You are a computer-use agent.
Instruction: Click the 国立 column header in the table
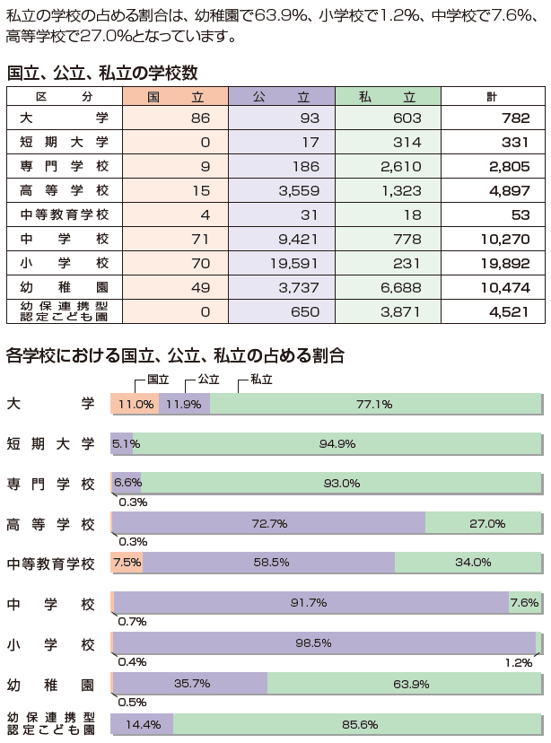(175, 95)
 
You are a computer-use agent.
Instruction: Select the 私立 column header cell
(388, 95)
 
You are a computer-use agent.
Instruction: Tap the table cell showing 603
(388, 118)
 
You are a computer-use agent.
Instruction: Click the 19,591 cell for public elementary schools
(282, 263)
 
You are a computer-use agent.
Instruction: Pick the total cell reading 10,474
(493, 287)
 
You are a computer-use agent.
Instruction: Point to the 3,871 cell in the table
(388, 311)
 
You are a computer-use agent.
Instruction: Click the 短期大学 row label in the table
(64, 143)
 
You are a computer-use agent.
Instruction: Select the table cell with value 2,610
(388, 167)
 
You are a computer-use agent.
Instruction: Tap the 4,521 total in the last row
(493, 311)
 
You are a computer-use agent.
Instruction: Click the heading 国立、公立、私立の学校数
(102, 73)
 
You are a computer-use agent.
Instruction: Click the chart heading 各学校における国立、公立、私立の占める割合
(175, 355)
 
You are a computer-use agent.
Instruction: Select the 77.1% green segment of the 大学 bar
(375, 404)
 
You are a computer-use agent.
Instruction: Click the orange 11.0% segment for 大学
(135, 404)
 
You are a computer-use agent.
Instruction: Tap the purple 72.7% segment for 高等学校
(268, 523)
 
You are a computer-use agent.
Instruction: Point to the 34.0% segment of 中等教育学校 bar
(468, 563)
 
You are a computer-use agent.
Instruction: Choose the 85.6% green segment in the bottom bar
(357, 723)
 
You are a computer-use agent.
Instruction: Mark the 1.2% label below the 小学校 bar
(518, 662)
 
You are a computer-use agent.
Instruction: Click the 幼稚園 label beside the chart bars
(50, 685)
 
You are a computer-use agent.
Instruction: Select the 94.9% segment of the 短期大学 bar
(337, 444)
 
